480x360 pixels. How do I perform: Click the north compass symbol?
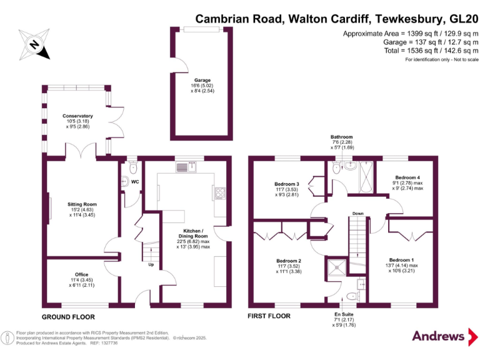click(x=35, y=44)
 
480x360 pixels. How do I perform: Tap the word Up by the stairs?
click(x=151, y=264)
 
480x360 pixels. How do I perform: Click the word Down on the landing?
click(x=357, y=213)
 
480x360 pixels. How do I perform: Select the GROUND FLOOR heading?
click(x=68, y=317)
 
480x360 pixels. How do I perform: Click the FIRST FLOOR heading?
click(x=269, y=316)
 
